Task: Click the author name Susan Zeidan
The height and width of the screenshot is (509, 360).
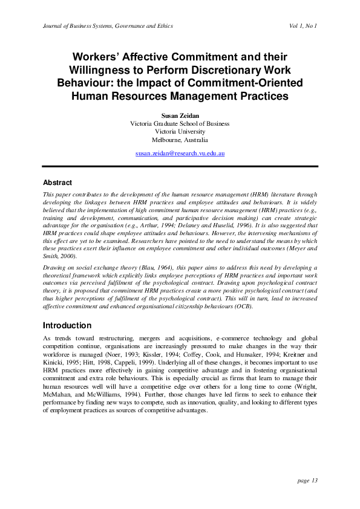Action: point(180,115)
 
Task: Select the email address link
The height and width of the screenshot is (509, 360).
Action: point(180,154)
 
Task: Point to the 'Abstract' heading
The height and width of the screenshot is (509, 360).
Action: point(57,182)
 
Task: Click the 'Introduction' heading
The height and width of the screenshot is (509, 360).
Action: point(67,325)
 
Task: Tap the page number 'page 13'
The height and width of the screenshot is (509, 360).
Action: point(308,481)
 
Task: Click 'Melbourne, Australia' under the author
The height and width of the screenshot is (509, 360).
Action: point(180,139)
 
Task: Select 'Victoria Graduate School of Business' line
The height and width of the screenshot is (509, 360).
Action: point(180,123)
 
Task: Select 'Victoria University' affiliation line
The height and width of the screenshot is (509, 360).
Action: point(180,131)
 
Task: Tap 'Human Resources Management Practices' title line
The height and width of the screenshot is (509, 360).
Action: point(180,96)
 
